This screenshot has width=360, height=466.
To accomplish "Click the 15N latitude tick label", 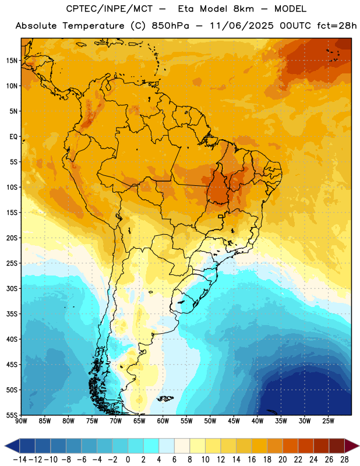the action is tap(12, 61).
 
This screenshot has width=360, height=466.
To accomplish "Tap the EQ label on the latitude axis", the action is tap(13, 137).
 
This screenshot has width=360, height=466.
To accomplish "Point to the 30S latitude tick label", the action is tap(12, 288).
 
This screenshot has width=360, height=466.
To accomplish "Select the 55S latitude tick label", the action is tap(12, 415).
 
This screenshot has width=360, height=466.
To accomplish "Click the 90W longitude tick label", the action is tap(21, 421).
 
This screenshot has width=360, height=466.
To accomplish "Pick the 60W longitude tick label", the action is tap(163, 421).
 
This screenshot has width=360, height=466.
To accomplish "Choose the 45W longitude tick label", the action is tap(234, 421).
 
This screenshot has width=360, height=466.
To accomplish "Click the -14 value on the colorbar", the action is tap(20, 460).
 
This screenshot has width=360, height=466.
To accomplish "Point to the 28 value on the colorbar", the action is tap(344, 460).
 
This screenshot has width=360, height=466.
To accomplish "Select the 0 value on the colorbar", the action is tap(128, 460).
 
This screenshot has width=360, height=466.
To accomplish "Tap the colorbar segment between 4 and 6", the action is tap(167, 446).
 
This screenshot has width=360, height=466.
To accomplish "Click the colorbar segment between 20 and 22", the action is tap(291, 446).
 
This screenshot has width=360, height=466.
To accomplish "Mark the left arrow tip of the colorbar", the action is tap(5, 446).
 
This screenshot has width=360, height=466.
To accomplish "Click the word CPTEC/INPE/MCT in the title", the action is tap(110, 9).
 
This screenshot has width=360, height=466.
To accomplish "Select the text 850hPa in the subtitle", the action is tap(170, 26).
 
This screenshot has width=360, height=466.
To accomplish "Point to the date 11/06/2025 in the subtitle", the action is tap(242, 26).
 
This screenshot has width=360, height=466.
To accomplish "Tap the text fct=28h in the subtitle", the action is tap(337, 26).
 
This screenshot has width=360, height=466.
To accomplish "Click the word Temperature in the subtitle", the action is tap(93, 26).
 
